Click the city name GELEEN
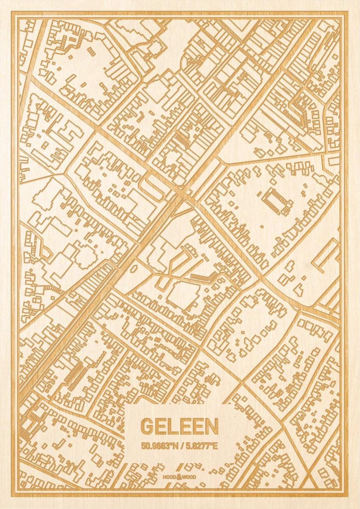[180, 427]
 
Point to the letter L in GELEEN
[173, 427]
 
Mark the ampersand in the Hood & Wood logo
[180, 476]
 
